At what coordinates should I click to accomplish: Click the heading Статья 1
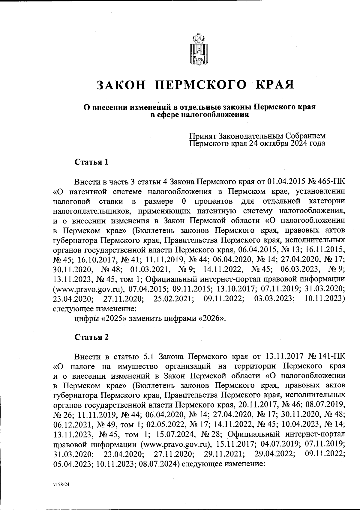(91, 162)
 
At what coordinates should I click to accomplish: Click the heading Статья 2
(91, 337)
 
